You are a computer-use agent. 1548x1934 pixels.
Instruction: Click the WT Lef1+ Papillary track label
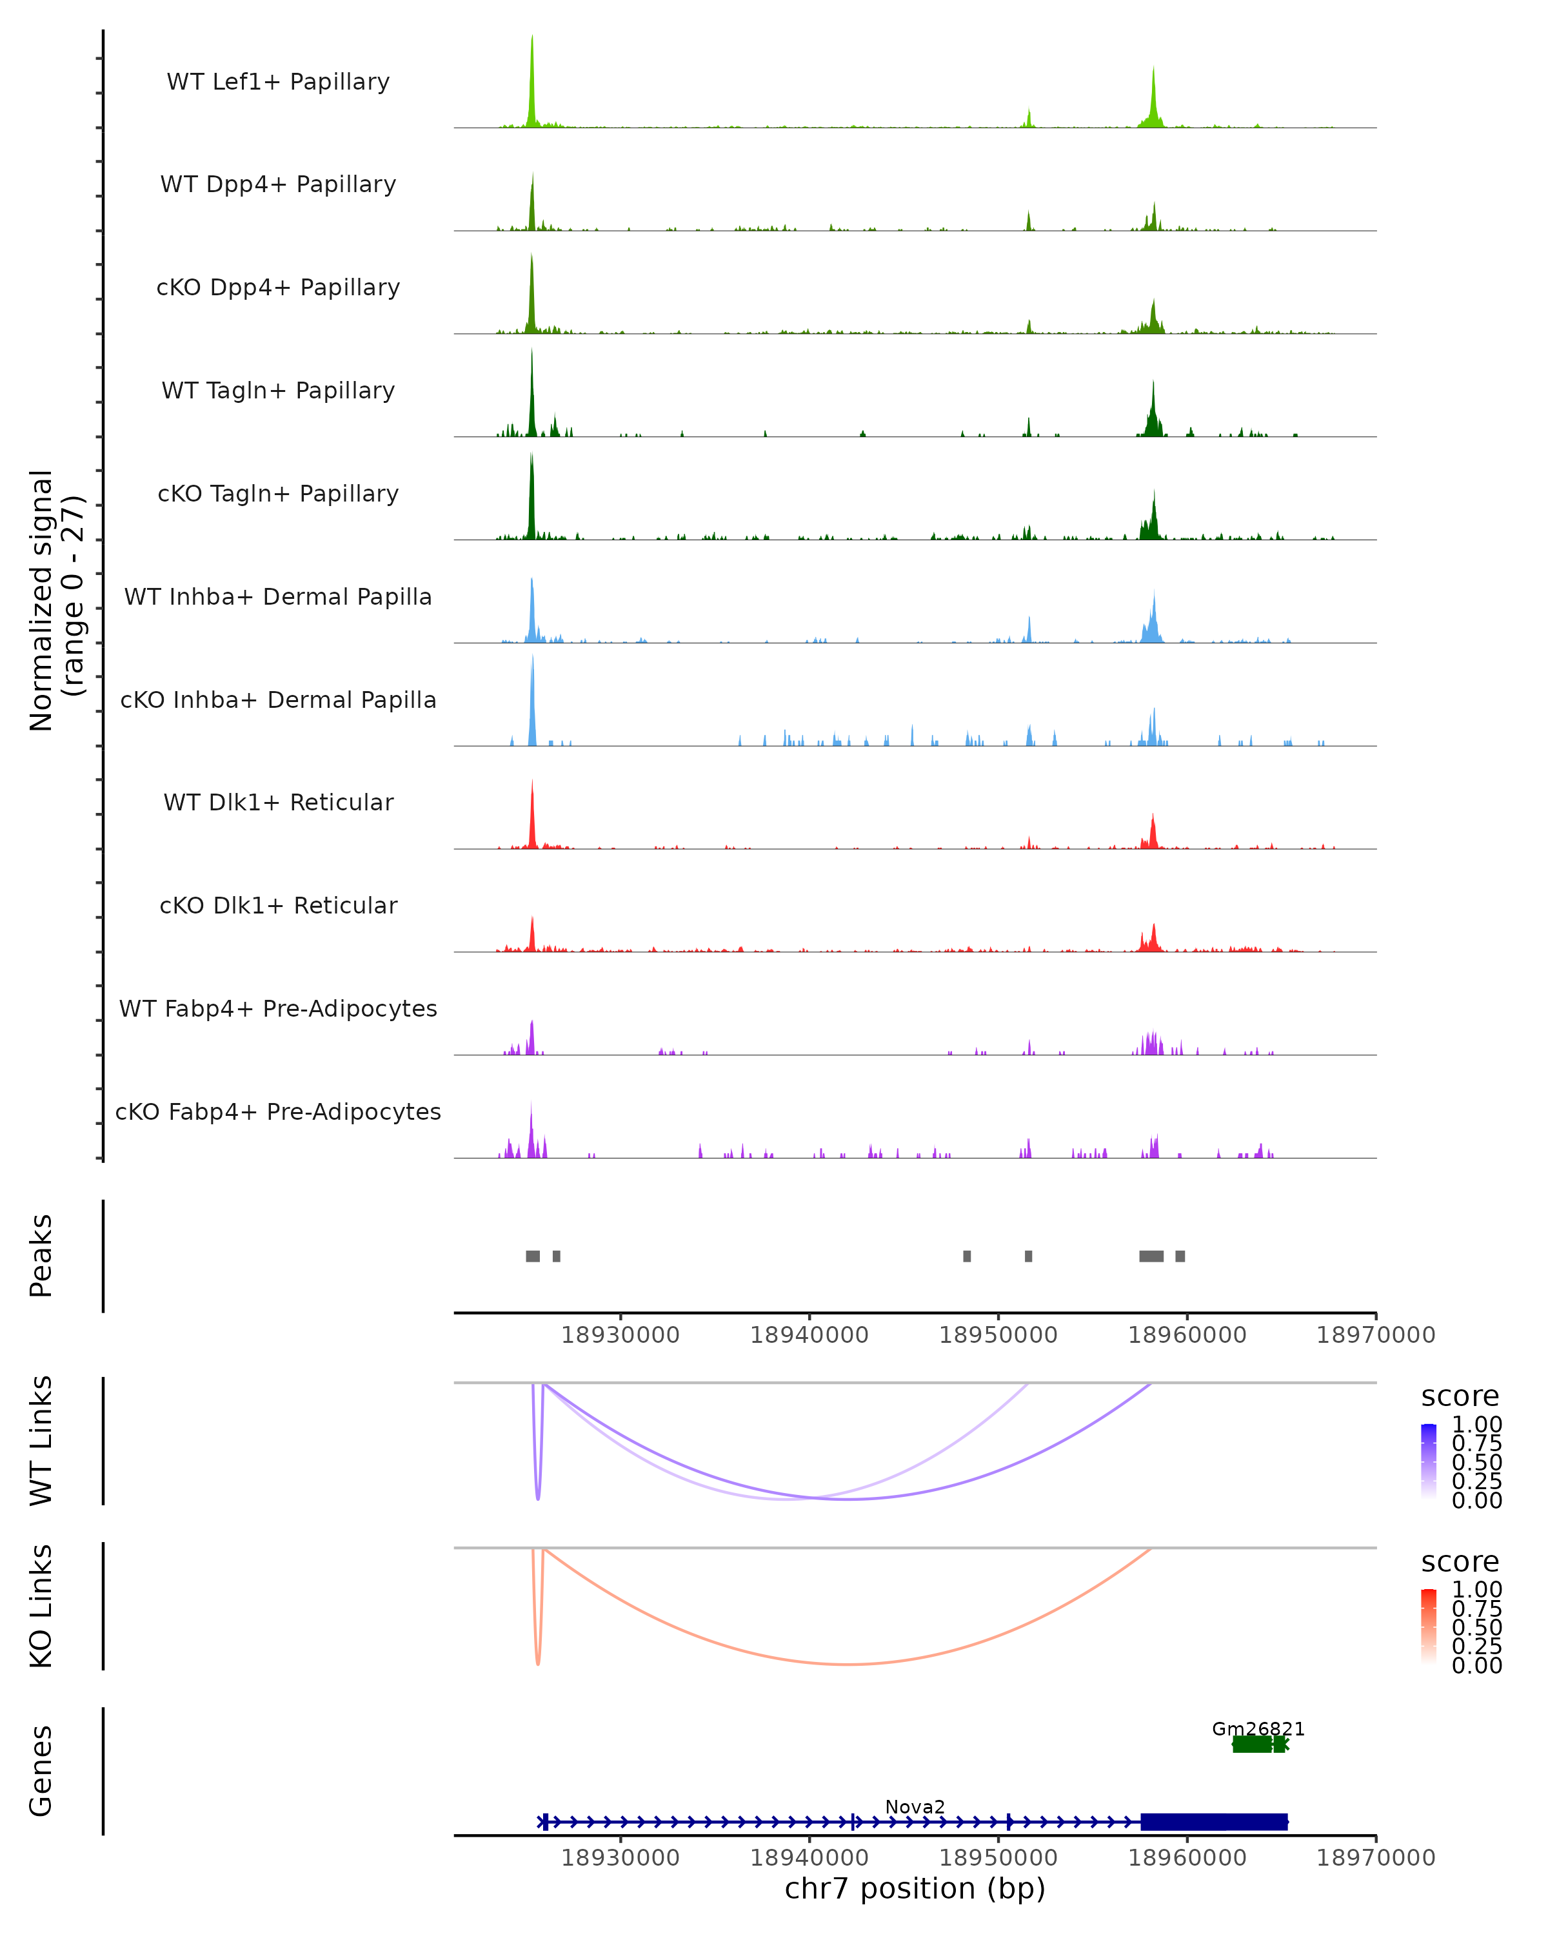coord(278,82)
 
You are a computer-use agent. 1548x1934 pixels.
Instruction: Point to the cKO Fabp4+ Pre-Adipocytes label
coord(278,1111)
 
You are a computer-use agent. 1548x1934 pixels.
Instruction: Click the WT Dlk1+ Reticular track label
coord(278,802)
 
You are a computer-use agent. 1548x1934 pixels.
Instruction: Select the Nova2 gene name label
coord(915,1806)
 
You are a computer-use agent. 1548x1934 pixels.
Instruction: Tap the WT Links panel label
coord(41,1441)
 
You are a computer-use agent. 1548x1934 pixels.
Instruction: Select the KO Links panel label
coord(41,1606)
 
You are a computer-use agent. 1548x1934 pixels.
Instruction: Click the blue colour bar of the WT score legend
coord(1429,1460)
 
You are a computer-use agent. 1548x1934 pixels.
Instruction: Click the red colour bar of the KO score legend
coord(1429,1625)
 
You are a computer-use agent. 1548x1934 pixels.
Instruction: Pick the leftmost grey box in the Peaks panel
coord(533,1256)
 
